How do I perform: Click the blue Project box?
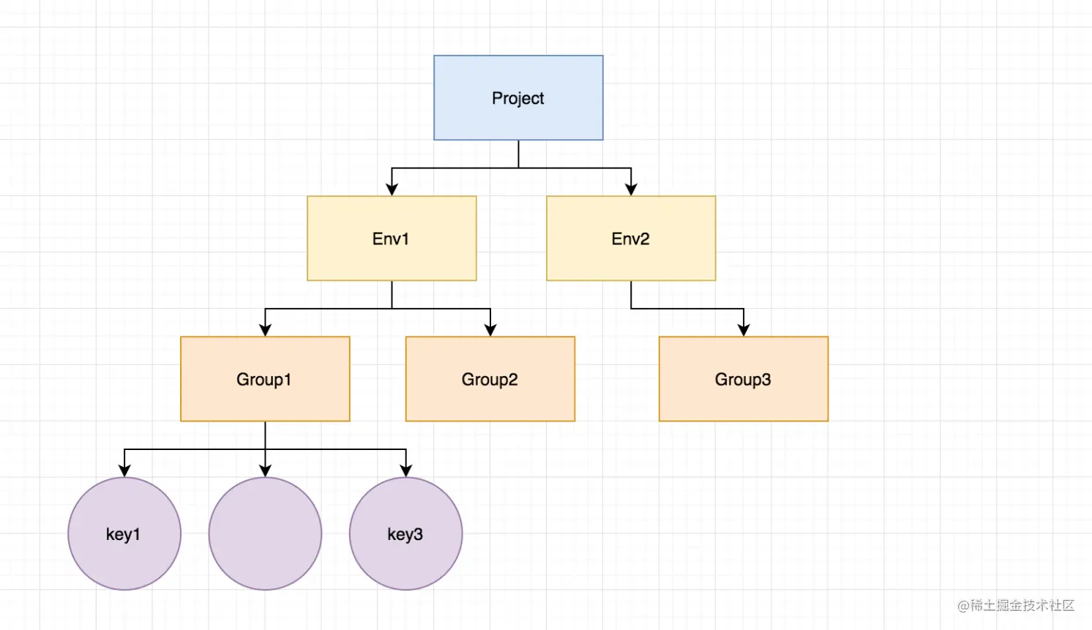(518, 97)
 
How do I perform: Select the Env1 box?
(392, 239)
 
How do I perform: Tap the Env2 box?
(631, 239)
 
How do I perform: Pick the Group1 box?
(265, 378)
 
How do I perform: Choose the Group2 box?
(490, 378)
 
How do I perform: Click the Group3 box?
(744, 378)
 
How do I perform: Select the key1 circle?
(124, 533)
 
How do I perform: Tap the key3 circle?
(406, 533)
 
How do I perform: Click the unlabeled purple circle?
(265, 533)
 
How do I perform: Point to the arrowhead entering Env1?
(392, 189)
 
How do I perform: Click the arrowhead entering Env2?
(631, 189)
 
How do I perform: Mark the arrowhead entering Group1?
(265, 330)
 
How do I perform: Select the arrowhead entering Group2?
(490, 330)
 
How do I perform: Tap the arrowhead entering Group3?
(744, 330)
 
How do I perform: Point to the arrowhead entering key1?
(124, 470)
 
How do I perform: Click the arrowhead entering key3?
(406, 470)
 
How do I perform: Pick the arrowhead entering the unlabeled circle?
(265, 470)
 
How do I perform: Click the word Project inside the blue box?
(517, 99)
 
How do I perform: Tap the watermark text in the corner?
(1016, 605)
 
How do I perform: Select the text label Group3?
(743, 380)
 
